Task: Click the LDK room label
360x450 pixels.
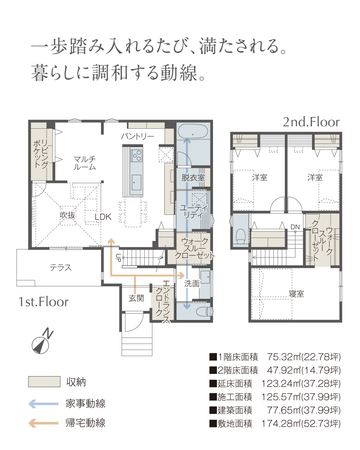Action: pos(103,217)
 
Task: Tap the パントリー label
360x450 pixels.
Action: pos(137,137)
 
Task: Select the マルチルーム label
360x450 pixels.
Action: pos(85,163)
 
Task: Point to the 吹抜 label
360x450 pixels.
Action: pos(67,215)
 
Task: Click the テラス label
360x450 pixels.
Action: pos(61,268)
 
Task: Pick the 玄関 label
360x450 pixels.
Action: pos(136,298)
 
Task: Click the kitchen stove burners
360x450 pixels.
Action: pos(137,156)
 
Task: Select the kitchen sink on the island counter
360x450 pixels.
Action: pos(137,182)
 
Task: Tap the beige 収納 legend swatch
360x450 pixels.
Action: pos(44,382)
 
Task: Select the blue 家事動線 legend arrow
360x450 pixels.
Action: pos(43,404)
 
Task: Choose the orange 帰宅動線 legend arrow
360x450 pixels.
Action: pos(43,423)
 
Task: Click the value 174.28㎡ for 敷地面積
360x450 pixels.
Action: pos(281,423)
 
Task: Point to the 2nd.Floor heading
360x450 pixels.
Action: pos(311,122)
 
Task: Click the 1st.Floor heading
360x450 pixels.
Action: pos(44,302)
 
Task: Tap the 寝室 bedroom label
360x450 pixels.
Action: pos(296,294)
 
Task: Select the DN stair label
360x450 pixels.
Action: pos(295,227)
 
